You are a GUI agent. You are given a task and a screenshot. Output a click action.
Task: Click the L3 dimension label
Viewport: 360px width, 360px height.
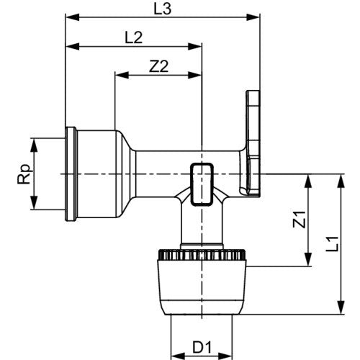[163, 9]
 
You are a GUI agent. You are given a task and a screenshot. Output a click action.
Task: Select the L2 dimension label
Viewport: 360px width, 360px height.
[134, 37]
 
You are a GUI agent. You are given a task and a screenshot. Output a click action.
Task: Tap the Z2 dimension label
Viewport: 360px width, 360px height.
[158, 66]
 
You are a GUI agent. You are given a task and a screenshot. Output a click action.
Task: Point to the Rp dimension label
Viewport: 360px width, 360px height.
[24, 174]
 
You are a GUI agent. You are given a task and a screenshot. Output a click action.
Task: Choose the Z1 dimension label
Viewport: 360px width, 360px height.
[300, 220]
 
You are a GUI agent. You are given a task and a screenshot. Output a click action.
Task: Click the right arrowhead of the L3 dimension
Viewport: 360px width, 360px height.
[253, 17]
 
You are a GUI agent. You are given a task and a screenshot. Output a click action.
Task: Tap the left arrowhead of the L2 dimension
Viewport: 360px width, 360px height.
[72, 47]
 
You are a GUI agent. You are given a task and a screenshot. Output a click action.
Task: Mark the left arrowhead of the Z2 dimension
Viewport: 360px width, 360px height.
[122, 75]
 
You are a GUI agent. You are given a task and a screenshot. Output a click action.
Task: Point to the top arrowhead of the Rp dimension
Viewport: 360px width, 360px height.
[35, 145]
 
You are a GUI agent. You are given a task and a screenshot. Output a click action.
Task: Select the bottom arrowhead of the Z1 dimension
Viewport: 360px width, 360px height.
[308, 259]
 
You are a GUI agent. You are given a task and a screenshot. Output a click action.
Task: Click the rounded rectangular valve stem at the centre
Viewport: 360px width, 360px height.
[202, 184]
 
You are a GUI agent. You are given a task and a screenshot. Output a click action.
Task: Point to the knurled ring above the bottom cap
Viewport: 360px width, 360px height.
[202, 255]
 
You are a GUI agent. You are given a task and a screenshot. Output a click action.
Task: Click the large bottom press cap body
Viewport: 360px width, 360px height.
[202, 287]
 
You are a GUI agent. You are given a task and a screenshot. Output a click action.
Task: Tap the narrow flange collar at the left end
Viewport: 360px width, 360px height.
[71, 174]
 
